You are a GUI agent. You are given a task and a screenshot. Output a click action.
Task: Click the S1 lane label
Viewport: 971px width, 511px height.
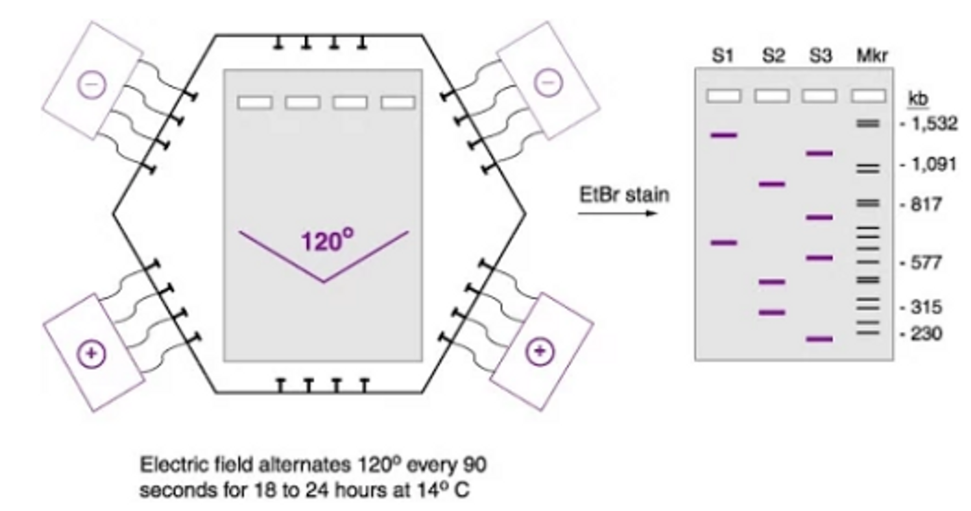[723, 56]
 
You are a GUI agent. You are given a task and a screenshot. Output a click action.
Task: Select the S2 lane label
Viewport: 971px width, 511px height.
[773, 56]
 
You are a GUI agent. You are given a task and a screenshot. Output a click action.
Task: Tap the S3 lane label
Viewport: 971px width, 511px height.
[820, 56]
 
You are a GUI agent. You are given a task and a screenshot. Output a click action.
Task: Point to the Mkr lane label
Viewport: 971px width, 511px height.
[872, 56]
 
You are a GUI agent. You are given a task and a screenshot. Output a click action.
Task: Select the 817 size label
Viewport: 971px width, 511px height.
[926, 204]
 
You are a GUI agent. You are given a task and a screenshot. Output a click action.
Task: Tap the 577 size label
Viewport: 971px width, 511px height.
[926, 263]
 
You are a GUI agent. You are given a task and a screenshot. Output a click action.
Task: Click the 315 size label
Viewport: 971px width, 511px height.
[926, 307]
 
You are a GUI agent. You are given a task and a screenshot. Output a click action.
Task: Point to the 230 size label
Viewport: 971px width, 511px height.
[926, 334]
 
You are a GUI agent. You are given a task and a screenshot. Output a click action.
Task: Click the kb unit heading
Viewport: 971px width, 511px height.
[918, 99]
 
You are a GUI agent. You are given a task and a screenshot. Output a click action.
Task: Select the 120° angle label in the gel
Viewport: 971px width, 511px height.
[327, 241]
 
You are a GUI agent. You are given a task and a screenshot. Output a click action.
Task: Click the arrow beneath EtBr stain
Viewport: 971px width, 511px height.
[617, 213]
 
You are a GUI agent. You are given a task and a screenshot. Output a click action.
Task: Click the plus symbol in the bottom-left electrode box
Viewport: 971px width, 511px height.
[91, 354]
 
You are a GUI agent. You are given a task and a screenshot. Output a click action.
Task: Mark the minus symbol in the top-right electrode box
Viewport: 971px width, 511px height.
[549, 82]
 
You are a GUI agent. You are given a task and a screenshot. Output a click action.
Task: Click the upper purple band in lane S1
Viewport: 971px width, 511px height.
[723, 135]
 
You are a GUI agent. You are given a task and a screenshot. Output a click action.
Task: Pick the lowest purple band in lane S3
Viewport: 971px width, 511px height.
[820, 339]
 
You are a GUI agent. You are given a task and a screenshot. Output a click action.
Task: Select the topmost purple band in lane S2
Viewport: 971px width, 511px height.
[772, 184]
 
